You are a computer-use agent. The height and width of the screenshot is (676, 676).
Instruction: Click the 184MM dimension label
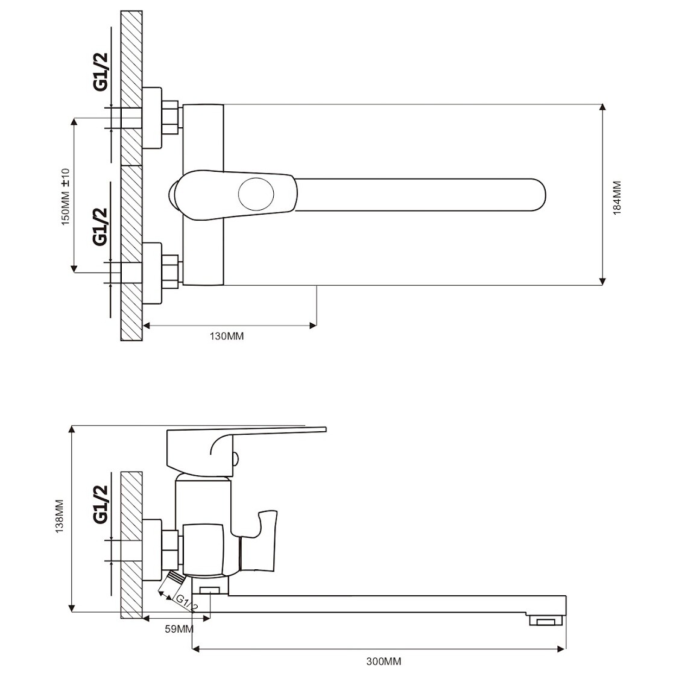618,198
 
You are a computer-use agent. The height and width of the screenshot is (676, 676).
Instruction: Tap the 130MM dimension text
227,336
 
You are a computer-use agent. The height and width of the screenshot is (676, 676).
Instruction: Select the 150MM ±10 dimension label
66,197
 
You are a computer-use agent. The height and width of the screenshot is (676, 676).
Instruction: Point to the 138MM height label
60,516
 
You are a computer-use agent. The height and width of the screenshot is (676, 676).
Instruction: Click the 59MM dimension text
179,629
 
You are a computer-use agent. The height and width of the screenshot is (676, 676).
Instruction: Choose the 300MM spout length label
384,662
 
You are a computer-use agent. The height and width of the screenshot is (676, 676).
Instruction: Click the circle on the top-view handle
256,194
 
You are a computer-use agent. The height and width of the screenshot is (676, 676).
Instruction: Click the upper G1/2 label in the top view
101,72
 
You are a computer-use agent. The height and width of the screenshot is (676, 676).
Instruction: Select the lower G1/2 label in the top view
101,227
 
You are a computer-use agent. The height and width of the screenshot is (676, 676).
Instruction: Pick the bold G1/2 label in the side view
101,504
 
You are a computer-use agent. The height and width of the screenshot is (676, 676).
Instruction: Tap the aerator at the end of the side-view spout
547,621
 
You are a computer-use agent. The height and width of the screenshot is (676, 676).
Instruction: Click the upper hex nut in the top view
170,117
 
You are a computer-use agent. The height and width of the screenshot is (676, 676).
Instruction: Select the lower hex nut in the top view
170,271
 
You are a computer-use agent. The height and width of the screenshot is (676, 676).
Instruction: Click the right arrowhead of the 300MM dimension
561,648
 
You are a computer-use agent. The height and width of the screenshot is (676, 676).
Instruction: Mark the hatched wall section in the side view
131,545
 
